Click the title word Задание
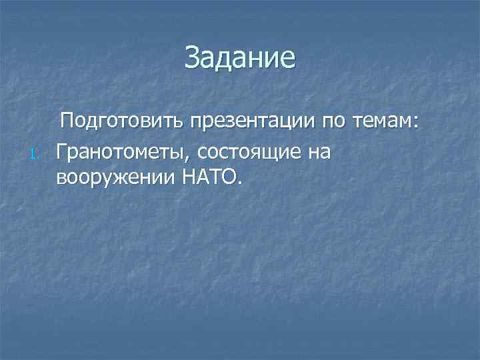pos(239,57)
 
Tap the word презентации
pos(252,123)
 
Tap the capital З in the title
pos(192,57)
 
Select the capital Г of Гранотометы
pos(61,152)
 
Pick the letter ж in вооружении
pos(124,179)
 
